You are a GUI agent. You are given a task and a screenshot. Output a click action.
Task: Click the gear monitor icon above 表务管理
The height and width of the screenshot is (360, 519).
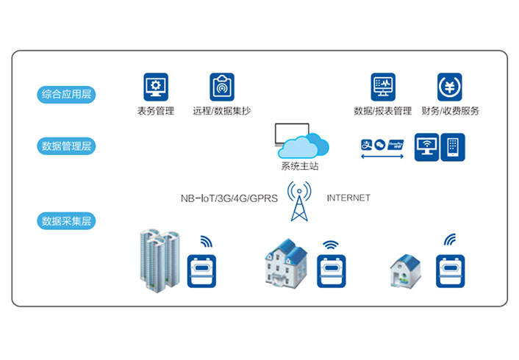(155, 87)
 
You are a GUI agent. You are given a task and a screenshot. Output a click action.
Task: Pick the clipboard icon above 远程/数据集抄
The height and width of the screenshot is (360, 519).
(221, 87)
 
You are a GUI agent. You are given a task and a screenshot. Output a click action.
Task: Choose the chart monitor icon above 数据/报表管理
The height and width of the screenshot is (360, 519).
(383, 87)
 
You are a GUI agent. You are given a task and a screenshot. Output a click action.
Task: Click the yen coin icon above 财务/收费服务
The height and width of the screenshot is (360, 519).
(450, 87)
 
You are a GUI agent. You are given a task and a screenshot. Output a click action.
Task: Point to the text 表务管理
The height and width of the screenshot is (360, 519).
(155, 112)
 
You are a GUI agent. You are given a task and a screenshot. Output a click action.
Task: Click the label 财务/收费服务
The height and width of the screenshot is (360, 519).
(450, 112)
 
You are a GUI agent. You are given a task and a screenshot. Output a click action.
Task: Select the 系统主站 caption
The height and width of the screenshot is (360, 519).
(299, 167)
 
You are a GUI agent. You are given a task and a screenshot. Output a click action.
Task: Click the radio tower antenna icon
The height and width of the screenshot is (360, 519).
(299, 201)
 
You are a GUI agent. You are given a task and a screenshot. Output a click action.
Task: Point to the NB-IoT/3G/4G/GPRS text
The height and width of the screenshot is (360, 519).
(229, 198)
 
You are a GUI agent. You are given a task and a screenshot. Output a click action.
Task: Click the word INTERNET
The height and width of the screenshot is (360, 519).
(348, 198)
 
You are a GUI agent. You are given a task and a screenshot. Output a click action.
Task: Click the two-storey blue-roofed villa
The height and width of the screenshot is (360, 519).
(285, 264)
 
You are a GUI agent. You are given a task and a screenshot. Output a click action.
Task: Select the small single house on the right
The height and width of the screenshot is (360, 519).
(405, 270)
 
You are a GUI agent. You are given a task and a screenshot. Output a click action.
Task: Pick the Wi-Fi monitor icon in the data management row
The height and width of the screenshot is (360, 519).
(426, 147)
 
